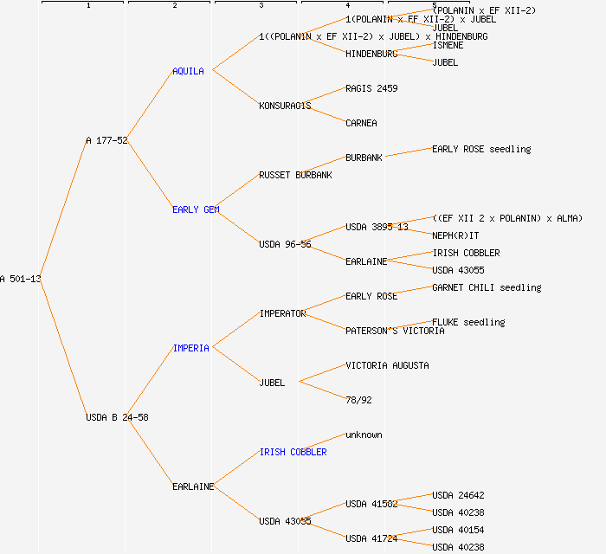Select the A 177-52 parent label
click(x=106, y=140)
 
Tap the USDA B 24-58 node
click(x=117, y=417)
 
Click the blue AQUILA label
click(x=188, y=71)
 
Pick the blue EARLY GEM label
click(x=196, y=209)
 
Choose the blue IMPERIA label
click(x=190, y=348)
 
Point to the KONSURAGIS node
click(x=285, y=106)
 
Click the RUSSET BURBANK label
click(x=295, y=175)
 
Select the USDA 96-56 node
click(x=285, y=244)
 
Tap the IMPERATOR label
click(x=282, y=313)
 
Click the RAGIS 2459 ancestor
click(x=371, y=88)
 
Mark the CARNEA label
click(x=361, y=123)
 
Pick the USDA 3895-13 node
click(x=377, y=227)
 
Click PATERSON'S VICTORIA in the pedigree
click(x=395, y=331)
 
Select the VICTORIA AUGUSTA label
click(x=387, y=365)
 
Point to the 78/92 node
click(x=358, y=400)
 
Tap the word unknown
click(x=364, y=435)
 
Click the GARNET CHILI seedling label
click(x=487, y=287)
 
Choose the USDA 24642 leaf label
click(x=458, y=495)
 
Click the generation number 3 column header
click(x=261, y=6)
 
